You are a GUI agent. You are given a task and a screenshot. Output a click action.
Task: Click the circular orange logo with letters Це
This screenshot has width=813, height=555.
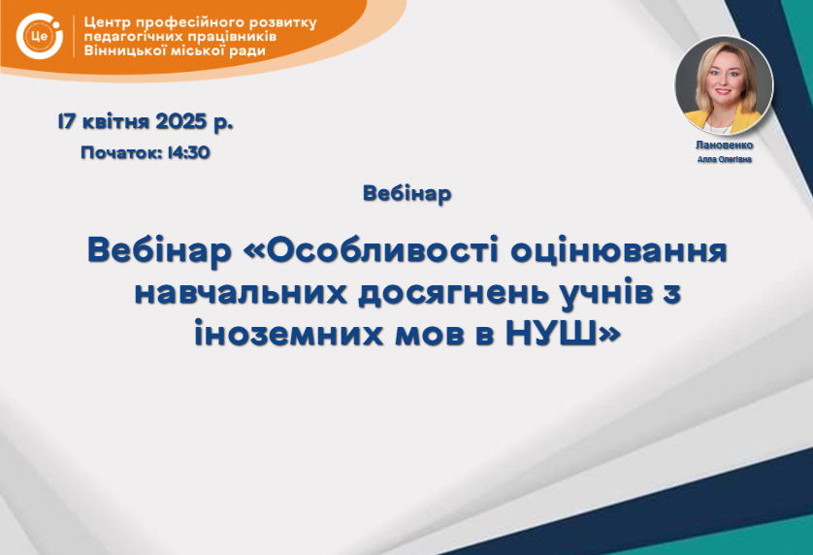point(40,36)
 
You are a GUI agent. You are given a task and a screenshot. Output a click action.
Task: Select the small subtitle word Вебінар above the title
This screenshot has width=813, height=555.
point(407,193)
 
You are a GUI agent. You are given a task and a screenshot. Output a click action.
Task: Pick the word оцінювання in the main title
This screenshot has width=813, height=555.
point(619,251)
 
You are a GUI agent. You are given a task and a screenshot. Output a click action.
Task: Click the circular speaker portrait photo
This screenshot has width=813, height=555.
point(724,84)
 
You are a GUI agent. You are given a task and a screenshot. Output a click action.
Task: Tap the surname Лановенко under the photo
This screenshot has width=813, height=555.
point(725,146)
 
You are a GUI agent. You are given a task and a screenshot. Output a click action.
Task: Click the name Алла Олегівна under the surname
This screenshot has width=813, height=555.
point(725,159)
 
